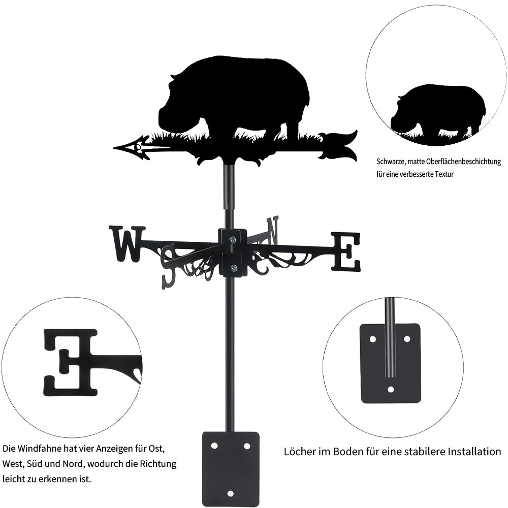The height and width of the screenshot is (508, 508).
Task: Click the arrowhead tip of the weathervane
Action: tap(114, 148)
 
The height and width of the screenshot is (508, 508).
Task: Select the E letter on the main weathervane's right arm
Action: tap(345, 251)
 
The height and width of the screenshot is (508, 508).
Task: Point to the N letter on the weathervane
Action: tap(272, 230)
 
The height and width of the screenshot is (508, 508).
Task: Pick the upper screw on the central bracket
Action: tap(233, 240)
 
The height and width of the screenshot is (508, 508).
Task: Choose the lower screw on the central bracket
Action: tap(233, 268)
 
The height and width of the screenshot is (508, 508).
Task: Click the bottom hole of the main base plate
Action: tap(230, 493)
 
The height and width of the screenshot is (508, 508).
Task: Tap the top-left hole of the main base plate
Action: tap(214, 446)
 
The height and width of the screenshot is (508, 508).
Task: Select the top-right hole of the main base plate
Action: tap(247, 446)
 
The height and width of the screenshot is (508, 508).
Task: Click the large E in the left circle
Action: tap(71, 363)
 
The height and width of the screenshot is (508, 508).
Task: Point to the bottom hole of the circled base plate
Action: tap(391, 389)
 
